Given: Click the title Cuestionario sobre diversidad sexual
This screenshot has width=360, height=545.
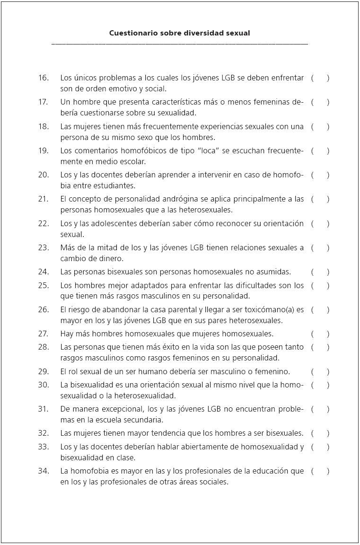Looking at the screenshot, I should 180,33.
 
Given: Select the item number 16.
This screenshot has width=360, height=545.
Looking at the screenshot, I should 44,78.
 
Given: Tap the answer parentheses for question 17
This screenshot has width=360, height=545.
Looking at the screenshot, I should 320,102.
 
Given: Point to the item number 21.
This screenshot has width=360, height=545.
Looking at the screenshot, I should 44,199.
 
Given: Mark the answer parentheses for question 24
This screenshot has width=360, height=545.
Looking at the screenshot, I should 320,272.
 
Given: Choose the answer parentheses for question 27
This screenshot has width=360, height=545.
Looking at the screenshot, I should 320,334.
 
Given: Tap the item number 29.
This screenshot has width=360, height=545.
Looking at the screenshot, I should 44,371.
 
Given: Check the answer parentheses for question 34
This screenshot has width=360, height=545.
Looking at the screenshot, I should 320,471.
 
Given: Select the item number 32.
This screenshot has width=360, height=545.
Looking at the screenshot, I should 44,433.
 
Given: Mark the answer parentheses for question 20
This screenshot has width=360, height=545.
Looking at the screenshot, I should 320,175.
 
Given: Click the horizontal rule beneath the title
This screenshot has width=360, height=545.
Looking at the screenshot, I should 180,44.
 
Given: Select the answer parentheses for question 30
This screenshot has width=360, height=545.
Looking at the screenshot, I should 320,385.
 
